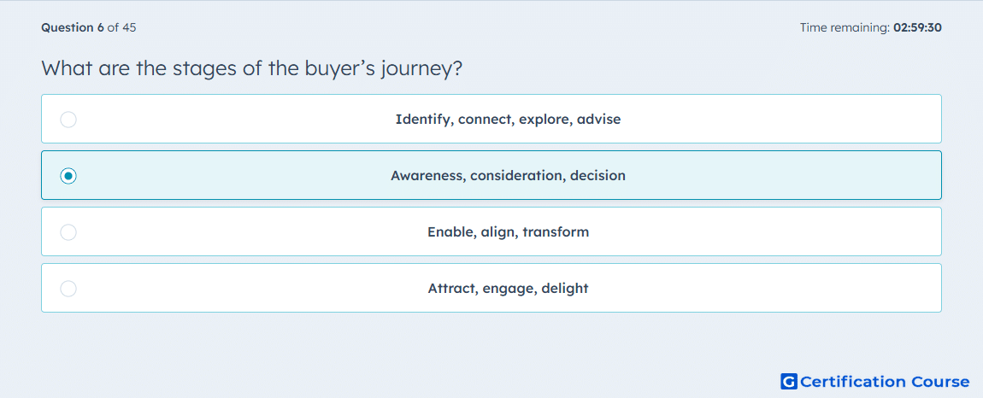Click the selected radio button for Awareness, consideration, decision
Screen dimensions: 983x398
tap(68, 176)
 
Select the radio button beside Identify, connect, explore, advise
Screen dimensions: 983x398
tap(68, 119)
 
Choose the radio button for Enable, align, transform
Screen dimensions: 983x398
tap(68, 232)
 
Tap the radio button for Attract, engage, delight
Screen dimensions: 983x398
tap(68, 289)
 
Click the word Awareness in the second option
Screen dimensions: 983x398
tap(427, 176)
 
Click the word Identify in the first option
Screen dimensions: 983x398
tap(423, 119)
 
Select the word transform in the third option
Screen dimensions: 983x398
tap(556, 232)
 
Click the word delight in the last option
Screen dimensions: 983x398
tap(565, 289)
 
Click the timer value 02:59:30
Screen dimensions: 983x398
tap(918, 27)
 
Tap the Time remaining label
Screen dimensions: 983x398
tap(845, 27)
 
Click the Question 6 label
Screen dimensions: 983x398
tap(73, 27)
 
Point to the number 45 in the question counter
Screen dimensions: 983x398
tap(129, 27)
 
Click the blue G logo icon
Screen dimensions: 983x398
tap(789, 382)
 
